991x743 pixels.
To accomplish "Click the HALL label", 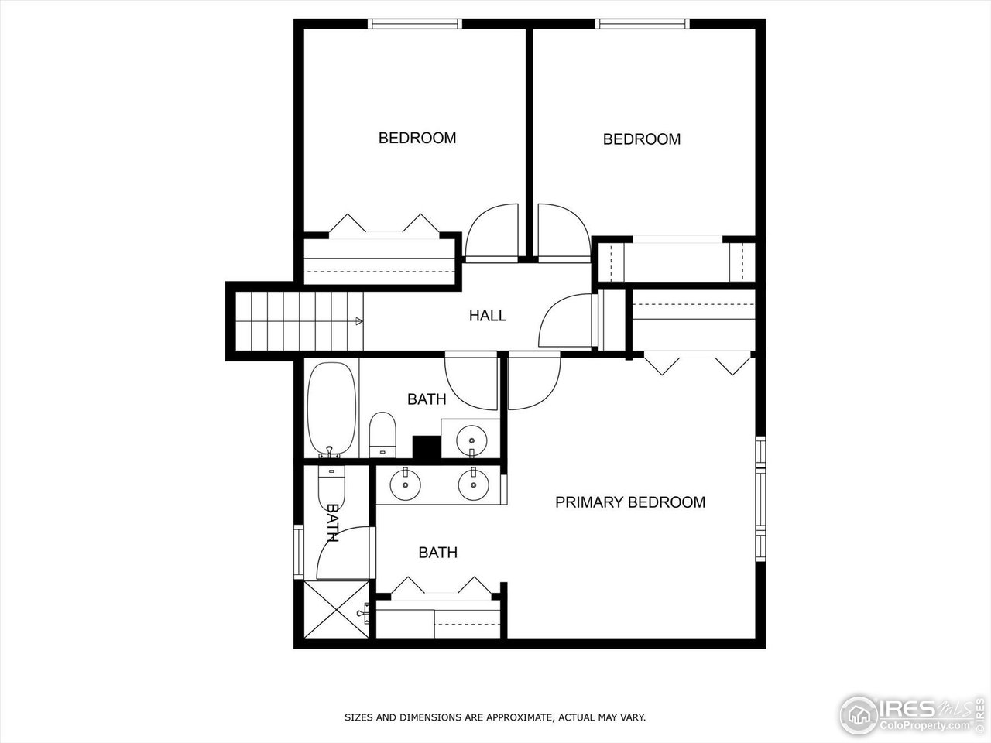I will (x=487, y=316).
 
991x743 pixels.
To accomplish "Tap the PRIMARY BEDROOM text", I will (x=629, y=502).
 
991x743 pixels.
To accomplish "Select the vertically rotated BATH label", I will (x=333, y=522).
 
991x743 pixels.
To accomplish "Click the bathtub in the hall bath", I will (x=332, y=409).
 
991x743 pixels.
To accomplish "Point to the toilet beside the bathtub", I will (x=382, y=434).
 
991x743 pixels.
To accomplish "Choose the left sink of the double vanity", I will (x=405, y=485).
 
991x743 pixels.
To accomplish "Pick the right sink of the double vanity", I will (x=473, y=485).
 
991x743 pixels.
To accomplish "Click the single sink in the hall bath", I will (x=471, y=440).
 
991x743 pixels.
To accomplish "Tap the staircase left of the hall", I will (x=298, y=320).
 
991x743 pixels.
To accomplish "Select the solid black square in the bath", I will (x=426, y=447).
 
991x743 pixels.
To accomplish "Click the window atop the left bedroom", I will (x=415, y=24).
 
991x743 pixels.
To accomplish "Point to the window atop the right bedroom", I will (x=641, y=24).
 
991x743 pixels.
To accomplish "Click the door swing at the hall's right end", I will (x=568, y=320).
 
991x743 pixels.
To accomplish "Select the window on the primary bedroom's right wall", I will (x=760, y=498).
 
